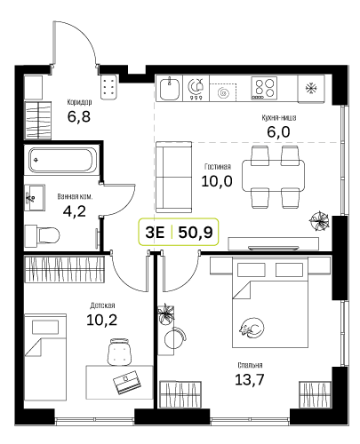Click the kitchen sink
point(170,88)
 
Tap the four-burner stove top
point(264,88)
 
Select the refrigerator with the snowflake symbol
point(311,89)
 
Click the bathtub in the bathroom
point(60,160)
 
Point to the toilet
point(43,235)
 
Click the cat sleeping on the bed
point(252,328)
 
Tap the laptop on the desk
point(126,382)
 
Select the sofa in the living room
point(173,177)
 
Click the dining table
point(273,176)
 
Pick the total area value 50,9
point(196,233)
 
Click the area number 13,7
point(249,379)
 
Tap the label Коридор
point(79,102)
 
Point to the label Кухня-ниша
point(279,118)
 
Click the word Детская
point(102,305)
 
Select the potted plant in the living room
point(319,221)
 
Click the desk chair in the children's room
point(119,352)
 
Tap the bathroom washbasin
point(35,198)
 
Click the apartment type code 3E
point(155,233)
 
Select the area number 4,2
point(75,211)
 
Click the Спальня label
point(250,366)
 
